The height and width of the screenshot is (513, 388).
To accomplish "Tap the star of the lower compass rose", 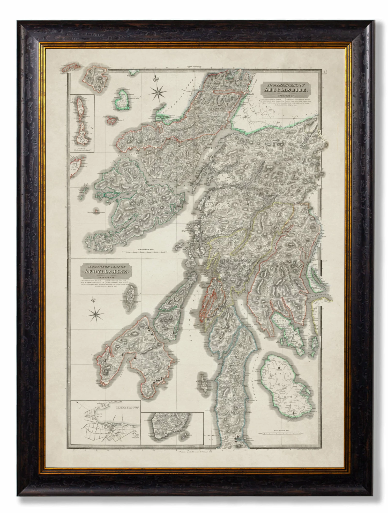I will (95, 314).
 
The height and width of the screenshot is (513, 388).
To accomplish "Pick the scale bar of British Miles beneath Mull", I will (146, 251).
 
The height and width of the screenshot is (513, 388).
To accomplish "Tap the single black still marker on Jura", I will (174, 333).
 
